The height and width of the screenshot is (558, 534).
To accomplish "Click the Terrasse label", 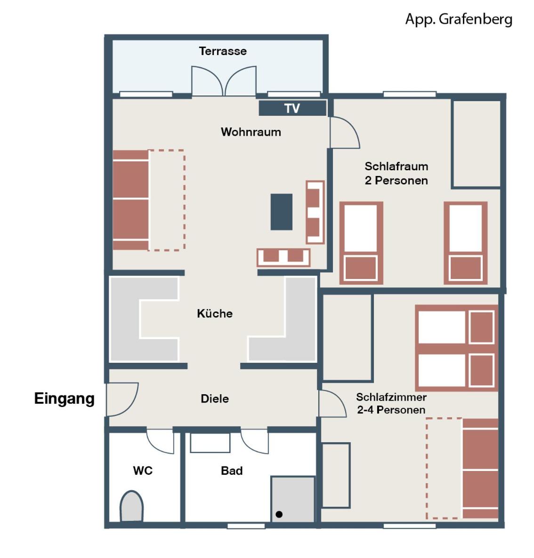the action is tap(223, 51).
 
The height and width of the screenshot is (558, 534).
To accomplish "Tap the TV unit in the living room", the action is tap(292, 108).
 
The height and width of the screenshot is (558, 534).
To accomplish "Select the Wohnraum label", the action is tap(251, 132).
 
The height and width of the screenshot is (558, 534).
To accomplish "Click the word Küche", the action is tap(215, 313).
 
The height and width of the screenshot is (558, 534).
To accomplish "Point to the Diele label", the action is tap(215, 399).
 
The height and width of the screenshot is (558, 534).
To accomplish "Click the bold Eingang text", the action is tap(65, 399).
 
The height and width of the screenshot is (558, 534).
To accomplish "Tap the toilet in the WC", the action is tap(131, 506).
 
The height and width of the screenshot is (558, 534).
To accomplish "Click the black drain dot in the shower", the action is tap(279, 514).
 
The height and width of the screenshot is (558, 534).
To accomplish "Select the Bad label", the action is tap(232, 471).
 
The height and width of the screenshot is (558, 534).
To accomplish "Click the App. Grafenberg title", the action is tap(459, 19).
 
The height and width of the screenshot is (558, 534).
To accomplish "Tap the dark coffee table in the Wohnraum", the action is tap(282, 212).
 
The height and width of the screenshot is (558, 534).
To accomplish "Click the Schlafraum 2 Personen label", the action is tap(396, 173).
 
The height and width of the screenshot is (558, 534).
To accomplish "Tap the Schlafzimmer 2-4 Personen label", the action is tap(391, 404).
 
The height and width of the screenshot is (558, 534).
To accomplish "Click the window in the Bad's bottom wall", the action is tap(246, 526).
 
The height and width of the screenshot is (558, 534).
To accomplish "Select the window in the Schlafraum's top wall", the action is tap(410, 94).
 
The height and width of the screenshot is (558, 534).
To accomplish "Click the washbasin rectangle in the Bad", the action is tap(210, 443).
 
